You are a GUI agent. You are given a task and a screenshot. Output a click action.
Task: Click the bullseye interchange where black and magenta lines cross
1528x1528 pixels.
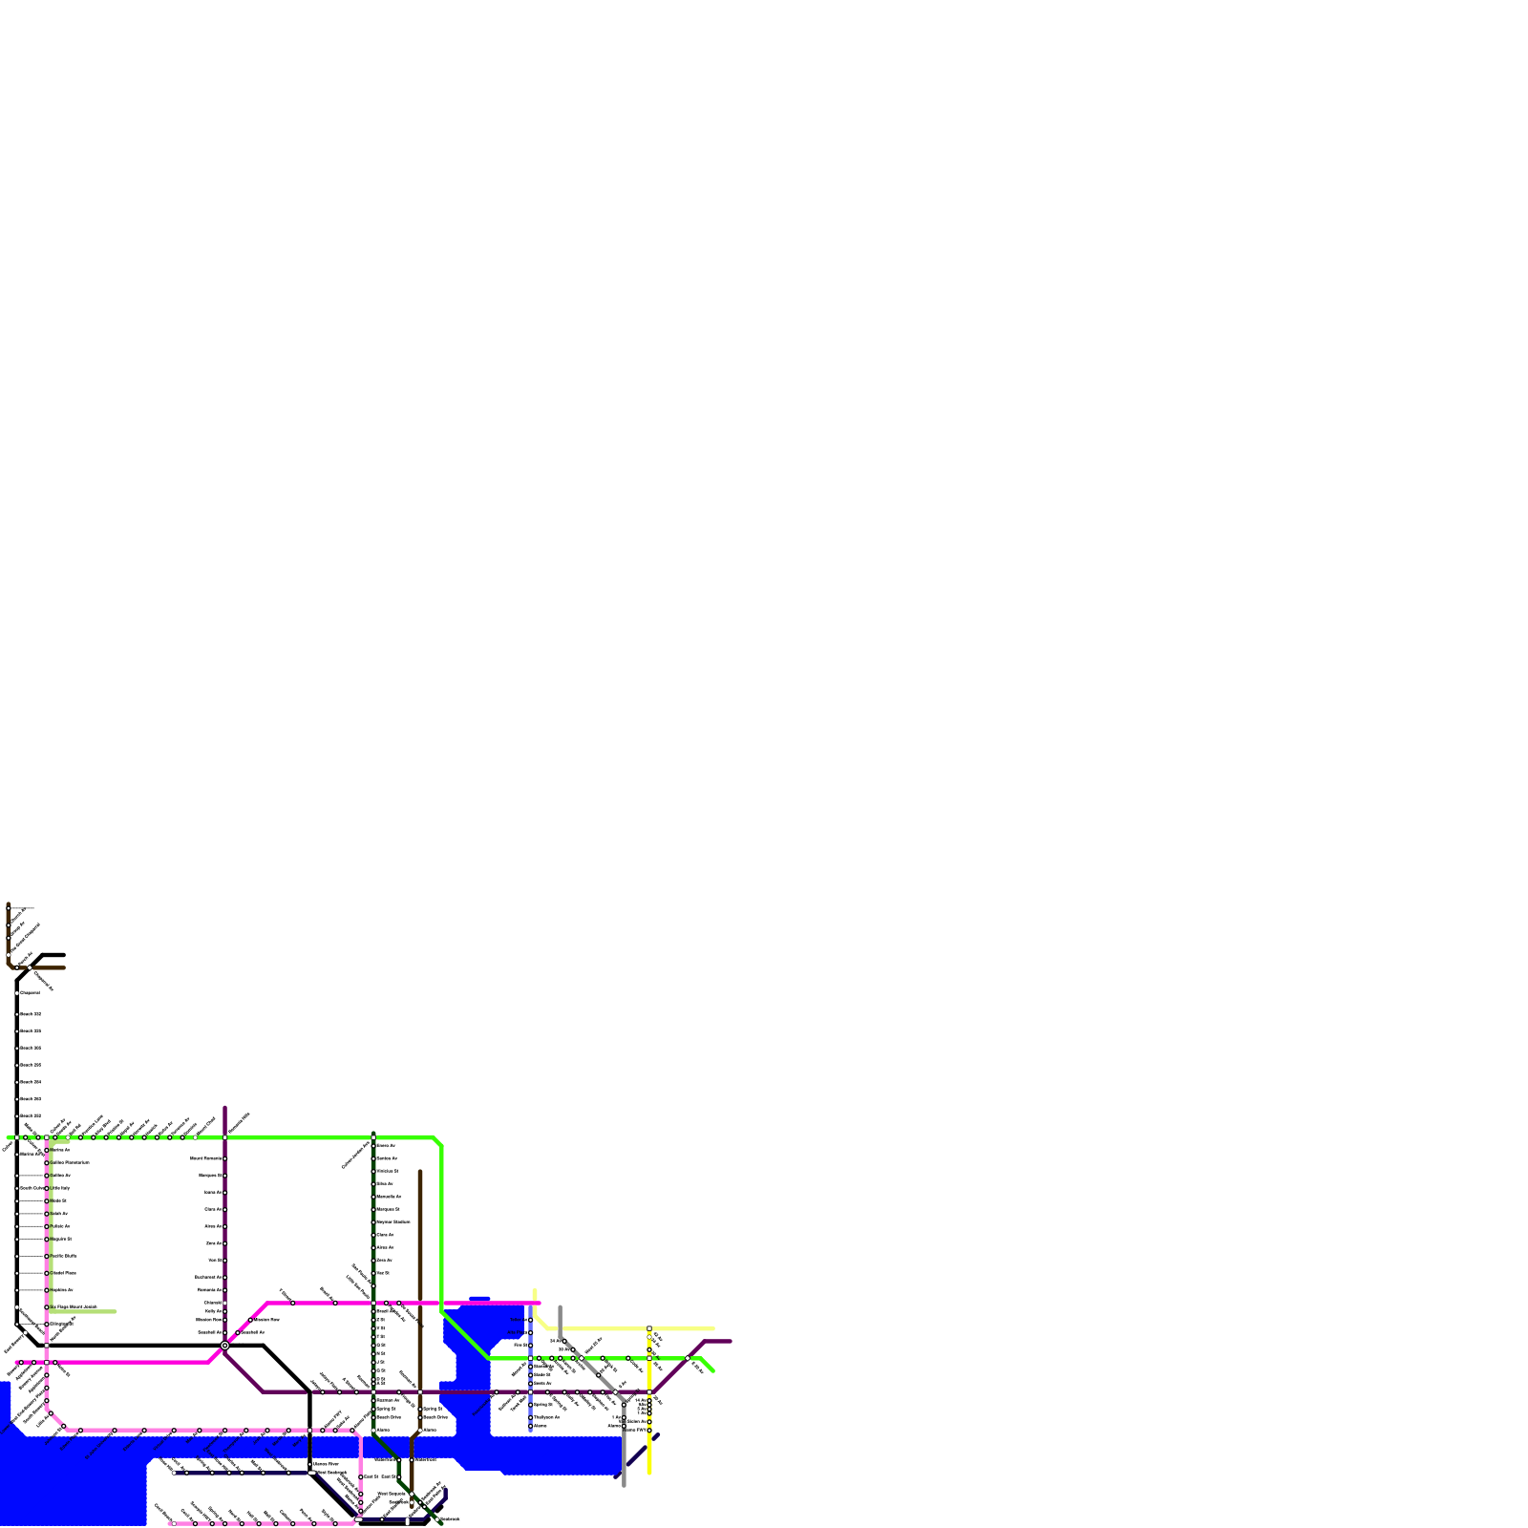click(224, 1345)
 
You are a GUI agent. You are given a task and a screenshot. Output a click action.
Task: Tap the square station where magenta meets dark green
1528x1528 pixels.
click(373, 1303)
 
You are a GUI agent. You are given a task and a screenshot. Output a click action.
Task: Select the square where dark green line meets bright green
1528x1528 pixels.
click(373, 1137)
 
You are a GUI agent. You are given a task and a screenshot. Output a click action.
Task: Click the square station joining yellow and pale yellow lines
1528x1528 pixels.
click(649, 1328)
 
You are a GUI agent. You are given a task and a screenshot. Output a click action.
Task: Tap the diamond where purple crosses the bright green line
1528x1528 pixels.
click(688, 1358)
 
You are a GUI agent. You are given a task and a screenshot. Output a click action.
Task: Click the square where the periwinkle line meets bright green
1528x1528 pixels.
click(531, 1358)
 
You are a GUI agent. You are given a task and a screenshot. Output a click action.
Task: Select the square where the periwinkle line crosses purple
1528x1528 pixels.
click(531, 1392)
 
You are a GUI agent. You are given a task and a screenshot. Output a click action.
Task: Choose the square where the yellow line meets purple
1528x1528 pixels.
click(649, 1392)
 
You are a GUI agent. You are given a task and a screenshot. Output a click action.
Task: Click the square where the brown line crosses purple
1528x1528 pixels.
click(420, 1392)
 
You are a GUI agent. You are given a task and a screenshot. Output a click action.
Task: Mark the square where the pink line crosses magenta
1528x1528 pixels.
click(47, 1362)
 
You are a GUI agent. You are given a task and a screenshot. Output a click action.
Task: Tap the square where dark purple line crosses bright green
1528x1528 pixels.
click(225, 1137)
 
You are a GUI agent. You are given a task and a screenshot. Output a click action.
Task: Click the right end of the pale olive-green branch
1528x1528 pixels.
click(116, 1311)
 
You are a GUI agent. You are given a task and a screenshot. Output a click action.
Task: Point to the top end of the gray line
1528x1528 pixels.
click(560, 1307)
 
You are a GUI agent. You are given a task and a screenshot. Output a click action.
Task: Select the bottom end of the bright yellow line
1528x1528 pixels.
click(649, 1473)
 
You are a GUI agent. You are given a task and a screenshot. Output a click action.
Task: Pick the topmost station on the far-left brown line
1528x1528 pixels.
click(9, 906)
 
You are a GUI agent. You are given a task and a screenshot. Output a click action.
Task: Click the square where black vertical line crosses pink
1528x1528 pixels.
click(309, 1431)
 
